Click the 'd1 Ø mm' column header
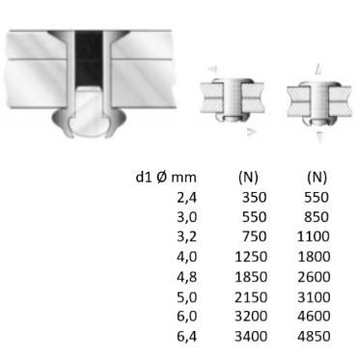pyautogui.click(x=171, y=177)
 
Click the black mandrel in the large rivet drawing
pyautogui.click(x=89, y=58)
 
